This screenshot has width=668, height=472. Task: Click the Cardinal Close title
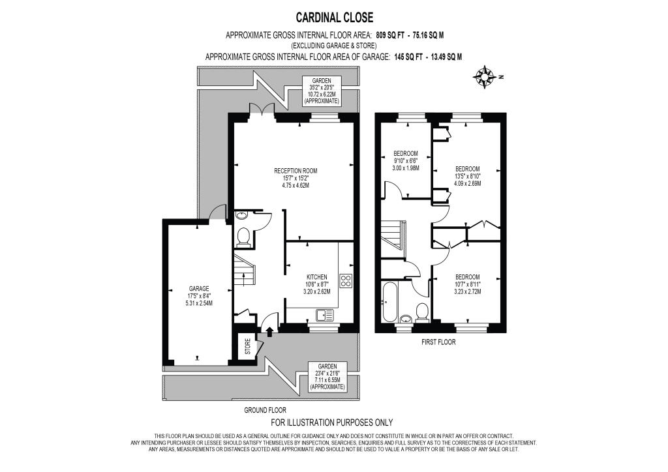(x=335, y=18)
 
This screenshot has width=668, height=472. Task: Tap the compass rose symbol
(x=485, y=77)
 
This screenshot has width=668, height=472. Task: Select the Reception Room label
(x=296, y=171)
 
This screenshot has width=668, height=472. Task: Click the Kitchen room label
(x=316, y=277)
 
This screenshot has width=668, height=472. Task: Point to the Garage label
(x=199, y=289)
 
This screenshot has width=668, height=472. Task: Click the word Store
(x=248, y=346)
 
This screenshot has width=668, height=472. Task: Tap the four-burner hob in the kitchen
(x=346, y=280)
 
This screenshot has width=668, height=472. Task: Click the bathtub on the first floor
(x=389, y=302)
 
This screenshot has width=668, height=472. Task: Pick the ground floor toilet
(x=243, y=236)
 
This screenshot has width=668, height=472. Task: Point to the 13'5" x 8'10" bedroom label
(x=467, y=176)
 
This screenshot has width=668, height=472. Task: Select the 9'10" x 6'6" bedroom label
(x=406, y=160)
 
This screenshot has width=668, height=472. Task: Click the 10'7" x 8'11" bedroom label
(x=467, y=284)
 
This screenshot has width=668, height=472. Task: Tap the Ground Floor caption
(x=265, y=410)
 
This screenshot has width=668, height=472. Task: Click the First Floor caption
(x=438, y=342)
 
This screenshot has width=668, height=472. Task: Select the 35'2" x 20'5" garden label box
(x=321, y=91)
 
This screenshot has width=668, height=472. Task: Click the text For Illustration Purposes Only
(x=332, y=422)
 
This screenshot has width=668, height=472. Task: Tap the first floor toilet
(x=421, y=311)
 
